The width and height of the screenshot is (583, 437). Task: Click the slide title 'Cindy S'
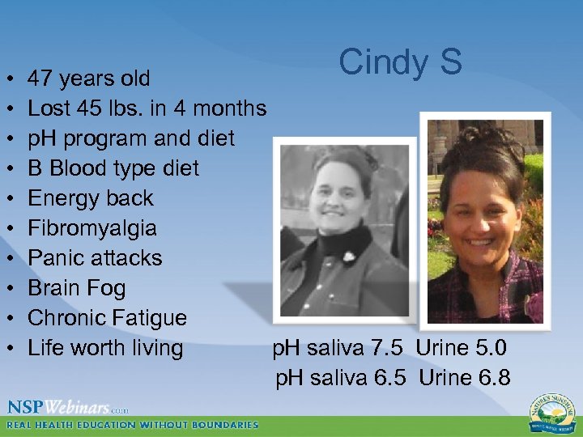click(400, 62)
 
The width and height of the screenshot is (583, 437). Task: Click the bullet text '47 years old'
click(88, 78)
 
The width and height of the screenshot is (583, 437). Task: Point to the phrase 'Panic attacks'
click(95, 258)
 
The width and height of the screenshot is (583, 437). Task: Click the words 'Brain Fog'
click(77, 288)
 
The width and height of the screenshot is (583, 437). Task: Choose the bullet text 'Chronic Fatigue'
click(107, 318)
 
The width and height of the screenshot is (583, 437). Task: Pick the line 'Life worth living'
click(105, 348)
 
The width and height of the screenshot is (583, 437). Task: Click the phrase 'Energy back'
click(90, 198)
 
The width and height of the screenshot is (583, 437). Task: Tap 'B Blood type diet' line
click(113, 168)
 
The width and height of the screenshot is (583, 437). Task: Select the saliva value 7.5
click(392, 349)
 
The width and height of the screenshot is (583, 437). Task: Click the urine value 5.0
click(491, 349)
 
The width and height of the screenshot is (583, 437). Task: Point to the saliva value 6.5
click(392, 377)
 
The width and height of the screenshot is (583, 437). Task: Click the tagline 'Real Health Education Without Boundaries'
click(133, 424)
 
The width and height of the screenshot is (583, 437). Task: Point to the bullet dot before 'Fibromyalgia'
click(8, 228)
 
